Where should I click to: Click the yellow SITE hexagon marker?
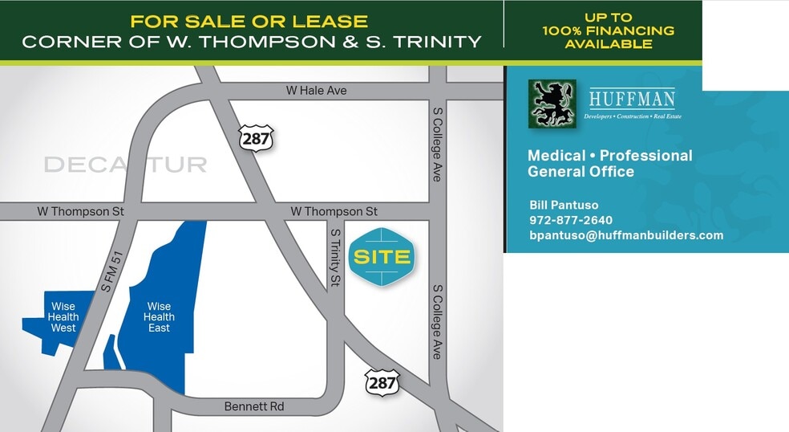pyautogui.click(x=382, y=258)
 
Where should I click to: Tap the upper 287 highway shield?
pyautogui.click(x=256, y=138)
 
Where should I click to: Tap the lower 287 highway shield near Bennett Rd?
pyautogui.click(x=382, y=382)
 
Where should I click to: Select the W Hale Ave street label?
pyautogui.click(x=316, y=91)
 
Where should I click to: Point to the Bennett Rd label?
pyautogui.click(x=254, y=407)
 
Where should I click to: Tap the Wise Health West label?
pyautogui.click(x=63, y=317)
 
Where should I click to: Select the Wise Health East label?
pyautogui.click(x=159, y=317)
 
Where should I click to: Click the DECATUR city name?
pyautogui.click(x=125, y=165)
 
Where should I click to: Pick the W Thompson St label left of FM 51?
pyautogui.click(x=80, y=211)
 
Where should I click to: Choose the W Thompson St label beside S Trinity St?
pyautogui.click(x=334, y=211)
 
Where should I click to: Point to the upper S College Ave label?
pyautogui.click(x=437, y=145)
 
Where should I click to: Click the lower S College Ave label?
pyautogui.click(x=437, y=321)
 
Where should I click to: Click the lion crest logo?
pyautogui.click(x=552, y=104)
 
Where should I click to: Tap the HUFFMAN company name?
pyautogui.click(x=632, y=100)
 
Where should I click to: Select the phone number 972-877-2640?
pyautogui.click(x=571, y=220)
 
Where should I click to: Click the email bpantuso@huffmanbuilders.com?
pyautogui.click(x=626, y=235)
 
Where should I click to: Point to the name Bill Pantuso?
pyautogui.click(x=564, y=205)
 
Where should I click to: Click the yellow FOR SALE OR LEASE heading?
pyautogui.click(x=249, y=22)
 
